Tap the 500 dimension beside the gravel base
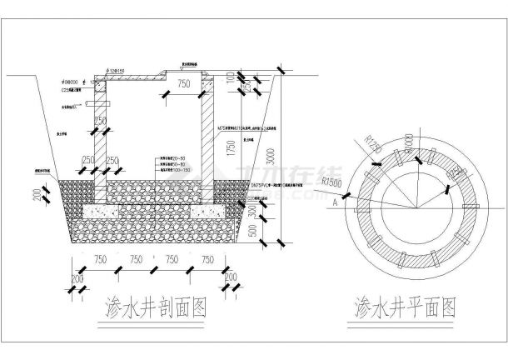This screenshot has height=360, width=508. pyautogui.click(x=253, y=229)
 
